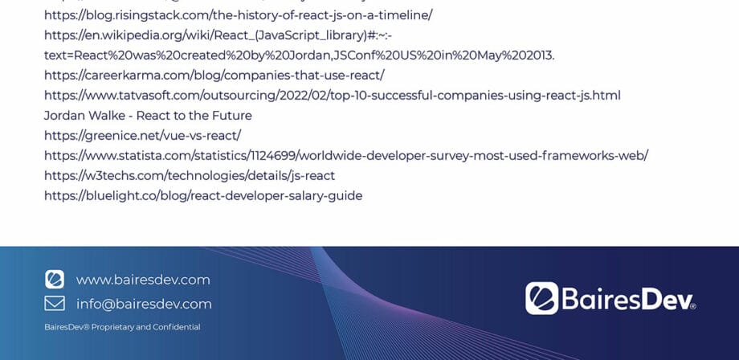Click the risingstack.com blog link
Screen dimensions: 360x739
pos(239,14)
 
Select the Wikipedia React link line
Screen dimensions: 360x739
pos(218,35)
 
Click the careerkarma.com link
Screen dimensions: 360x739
pos(214,75)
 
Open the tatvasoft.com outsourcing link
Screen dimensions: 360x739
pos(332,96)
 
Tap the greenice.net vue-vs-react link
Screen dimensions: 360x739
pos(142,136)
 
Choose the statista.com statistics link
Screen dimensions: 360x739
pos(345,156)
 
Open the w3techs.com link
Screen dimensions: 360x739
pos(190,176)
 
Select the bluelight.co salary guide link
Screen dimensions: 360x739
pos(203,196)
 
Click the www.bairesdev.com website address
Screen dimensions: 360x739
pos(143,280)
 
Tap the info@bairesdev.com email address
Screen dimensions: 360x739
pos(144,304)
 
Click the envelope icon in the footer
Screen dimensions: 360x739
pos(55,304)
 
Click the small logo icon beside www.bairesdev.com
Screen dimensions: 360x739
pos(55,280)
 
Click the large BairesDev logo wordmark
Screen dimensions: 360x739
pos(627,299)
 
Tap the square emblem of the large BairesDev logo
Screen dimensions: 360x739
pos(541,298)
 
